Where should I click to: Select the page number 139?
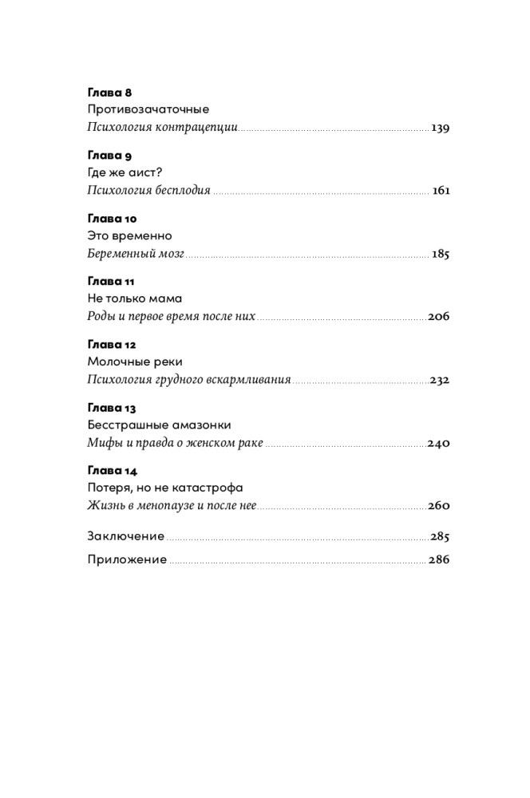pos(441,128)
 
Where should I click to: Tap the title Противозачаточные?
pos(148,110)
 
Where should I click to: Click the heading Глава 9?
pos(109,156)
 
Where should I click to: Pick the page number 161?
pos(441,191)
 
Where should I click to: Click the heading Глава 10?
pos(112,219)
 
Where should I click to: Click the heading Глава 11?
pos(111,282)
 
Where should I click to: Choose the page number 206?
pos(439,317)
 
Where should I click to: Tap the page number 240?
pos(439,443)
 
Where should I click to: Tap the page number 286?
pos(439,559)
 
